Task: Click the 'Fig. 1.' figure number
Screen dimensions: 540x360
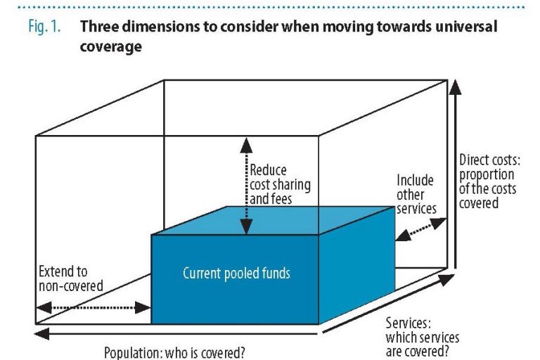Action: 44,27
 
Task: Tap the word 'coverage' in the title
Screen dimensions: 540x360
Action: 110,46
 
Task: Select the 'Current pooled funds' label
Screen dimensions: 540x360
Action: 236,274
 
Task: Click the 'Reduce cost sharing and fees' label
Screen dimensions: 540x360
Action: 280,184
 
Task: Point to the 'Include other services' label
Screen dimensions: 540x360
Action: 416,195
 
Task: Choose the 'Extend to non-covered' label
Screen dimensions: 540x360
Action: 70,278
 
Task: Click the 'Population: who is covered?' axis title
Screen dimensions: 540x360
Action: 174,353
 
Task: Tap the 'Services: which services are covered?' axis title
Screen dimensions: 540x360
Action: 422,337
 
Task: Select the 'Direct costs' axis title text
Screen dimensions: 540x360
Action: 489,181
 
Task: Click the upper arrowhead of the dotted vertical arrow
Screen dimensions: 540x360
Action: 246,145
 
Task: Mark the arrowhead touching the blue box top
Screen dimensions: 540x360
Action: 246,227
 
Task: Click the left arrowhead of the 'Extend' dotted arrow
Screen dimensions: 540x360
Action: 44,307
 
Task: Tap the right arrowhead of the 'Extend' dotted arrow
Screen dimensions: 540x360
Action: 143,307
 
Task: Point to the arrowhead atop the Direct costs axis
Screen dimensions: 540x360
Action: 456,86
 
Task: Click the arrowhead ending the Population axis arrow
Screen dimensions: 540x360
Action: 42,333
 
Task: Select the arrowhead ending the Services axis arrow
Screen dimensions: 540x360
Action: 448,279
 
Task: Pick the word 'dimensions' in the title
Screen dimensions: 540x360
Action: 161,27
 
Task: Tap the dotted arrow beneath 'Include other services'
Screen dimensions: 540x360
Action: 421,229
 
